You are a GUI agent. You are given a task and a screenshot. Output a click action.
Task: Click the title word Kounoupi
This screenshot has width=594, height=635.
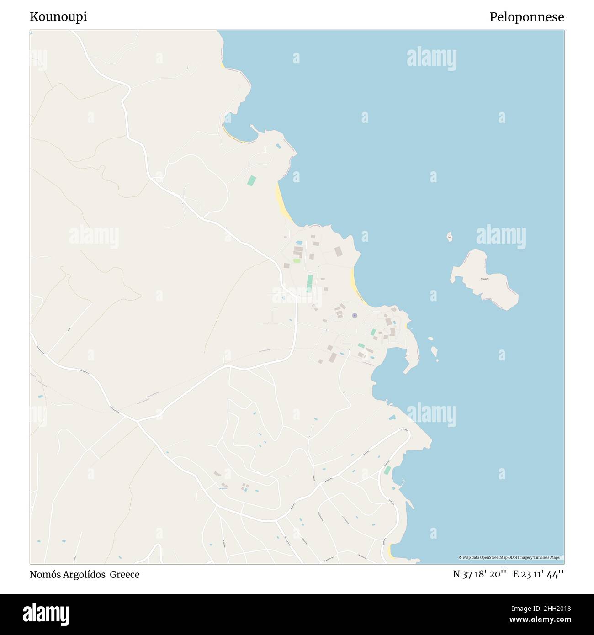58,17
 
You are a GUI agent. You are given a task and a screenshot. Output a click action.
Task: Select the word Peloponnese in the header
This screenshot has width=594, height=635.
526,17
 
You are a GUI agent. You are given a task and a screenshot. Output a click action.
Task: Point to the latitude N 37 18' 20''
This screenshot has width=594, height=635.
480,574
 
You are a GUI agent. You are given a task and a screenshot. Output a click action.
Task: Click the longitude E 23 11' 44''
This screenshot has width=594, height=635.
538,574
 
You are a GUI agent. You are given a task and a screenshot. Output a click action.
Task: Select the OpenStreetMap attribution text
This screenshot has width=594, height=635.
511,557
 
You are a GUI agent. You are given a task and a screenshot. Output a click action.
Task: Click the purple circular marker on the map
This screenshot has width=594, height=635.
354,315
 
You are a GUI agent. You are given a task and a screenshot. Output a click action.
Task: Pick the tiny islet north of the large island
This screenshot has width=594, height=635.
449,237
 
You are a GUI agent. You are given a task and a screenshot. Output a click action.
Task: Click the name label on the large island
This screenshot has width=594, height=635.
485,279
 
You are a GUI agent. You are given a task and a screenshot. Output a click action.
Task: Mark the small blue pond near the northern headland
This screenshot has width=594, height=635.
278,146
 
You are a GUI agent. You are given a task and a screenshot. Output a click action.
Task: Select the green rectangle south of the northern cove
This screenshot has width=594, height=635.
251,180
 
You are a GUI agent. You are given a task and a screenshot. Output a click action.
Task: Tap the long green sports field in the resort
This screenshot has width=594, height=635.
310,282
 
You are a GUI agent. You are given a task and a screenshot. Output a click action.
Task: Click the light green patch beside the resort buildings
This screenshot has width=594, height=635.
297,261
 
